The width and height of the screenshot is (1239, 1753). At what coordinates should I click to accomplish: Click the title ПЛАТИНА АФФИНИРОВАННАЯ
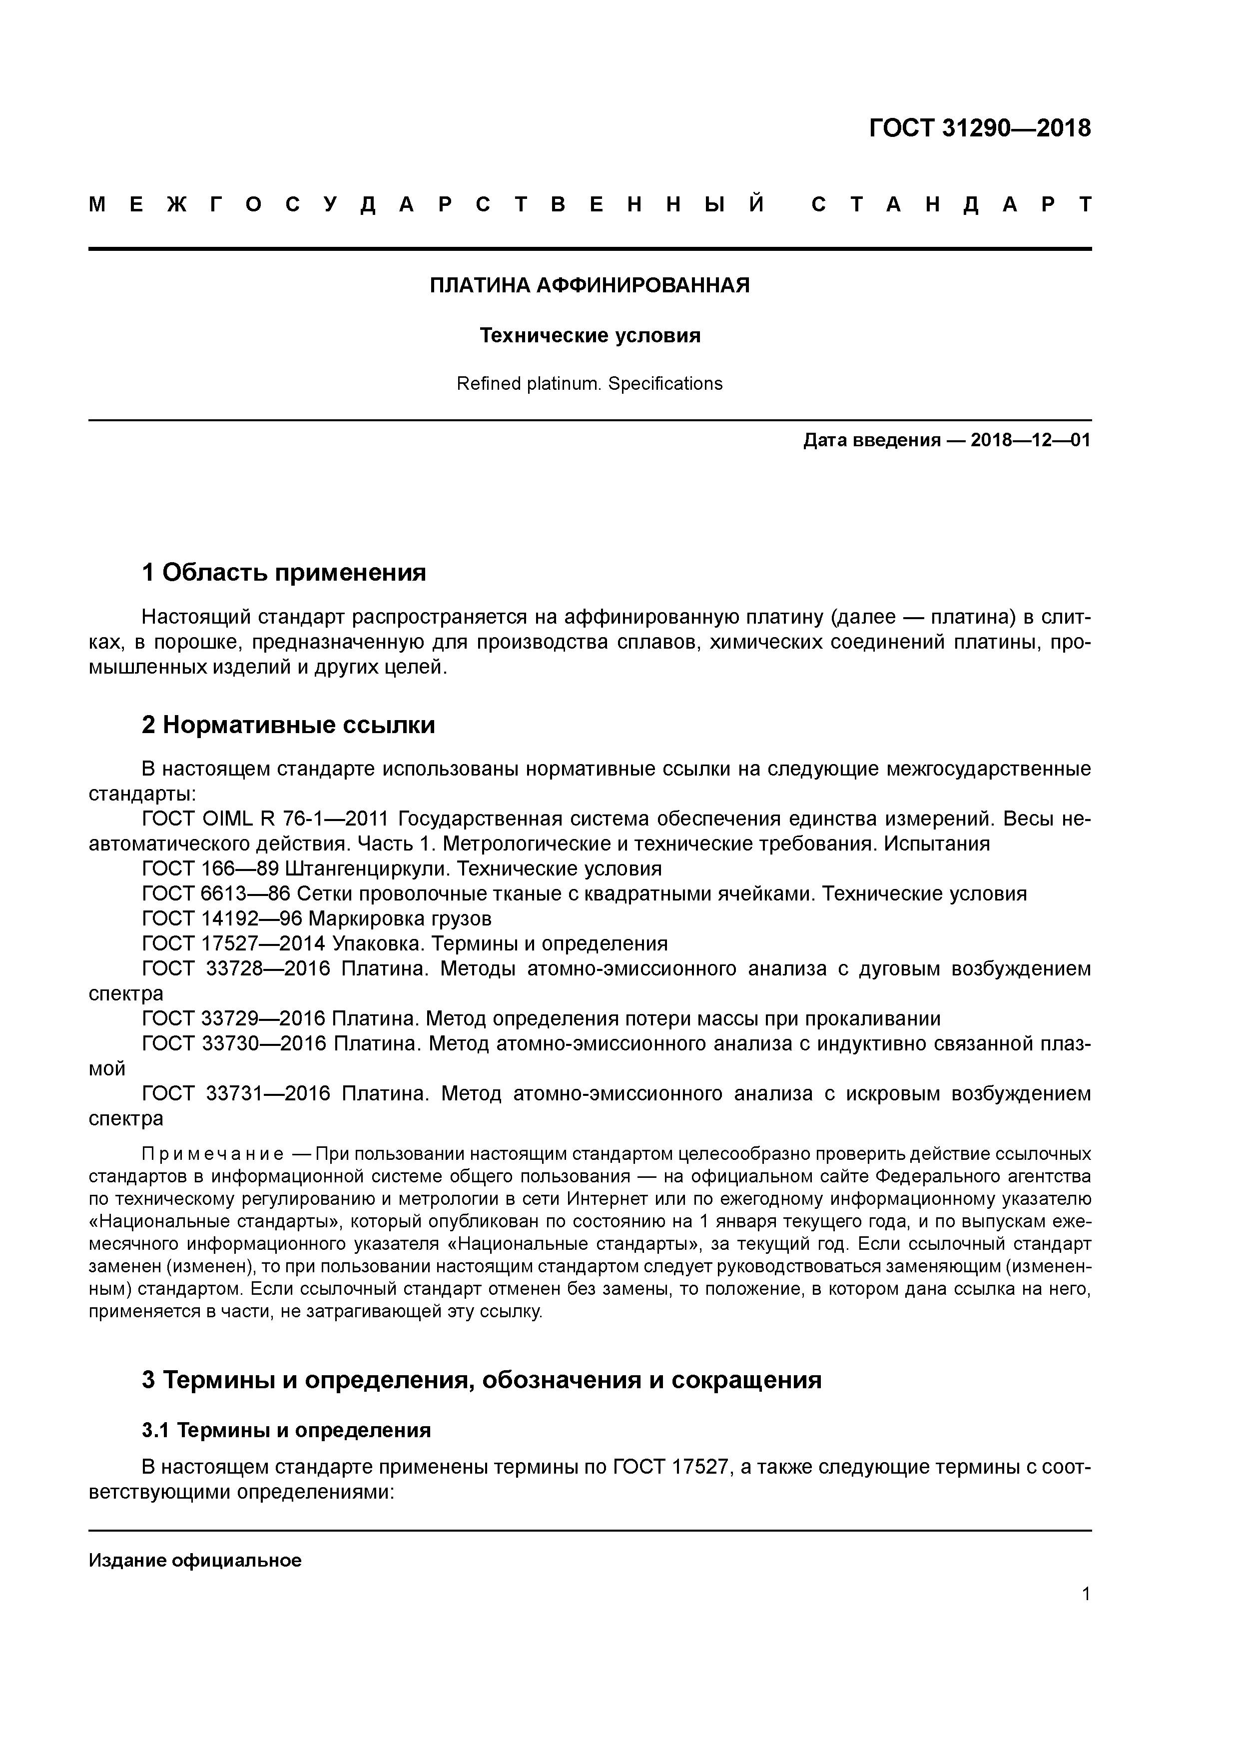(590, 285)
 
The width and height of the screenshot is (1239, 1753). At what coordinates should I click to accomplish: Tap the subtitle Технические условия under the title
(590, 336)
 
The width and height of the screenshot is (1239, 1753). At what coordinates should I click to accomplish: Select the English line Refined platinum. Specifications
(590, 384)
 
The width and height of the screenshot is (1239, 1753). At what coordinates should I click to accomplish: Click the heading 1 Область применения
(284, 572)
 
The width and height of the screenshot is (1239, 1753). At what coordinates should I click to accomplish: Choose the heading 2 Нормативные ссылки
(289, 725)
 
